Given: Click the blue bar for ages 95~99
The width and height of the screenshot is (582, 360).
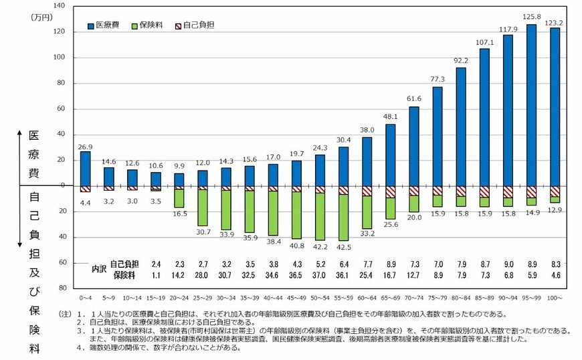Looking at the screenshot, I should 531,105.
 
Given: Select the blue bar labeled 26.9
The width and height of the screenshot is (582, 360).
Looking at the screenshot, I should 85,168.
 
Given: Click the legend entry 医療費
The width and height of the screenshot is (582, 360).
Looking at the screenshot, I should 104,25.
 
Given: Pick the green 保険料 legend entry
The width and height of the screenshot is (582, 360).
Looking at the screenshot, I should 149,25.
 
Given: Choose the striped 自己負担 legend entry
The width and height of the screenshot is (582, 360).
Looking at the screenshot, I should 195,25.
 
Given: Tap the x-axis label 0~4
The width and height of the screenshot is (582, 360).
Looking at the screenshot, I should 85,296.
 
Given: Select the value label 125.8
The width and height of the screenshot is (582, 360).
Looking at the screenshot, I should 531,17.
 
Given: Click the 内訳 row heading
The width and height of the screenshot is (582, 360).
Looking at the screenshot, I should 99,269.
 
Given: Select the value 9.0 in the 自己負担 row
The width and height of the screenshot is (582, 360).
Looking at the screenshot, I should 508,264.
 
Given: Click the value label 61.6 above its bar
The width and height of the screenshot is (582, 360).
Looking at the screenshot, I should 413,99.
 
